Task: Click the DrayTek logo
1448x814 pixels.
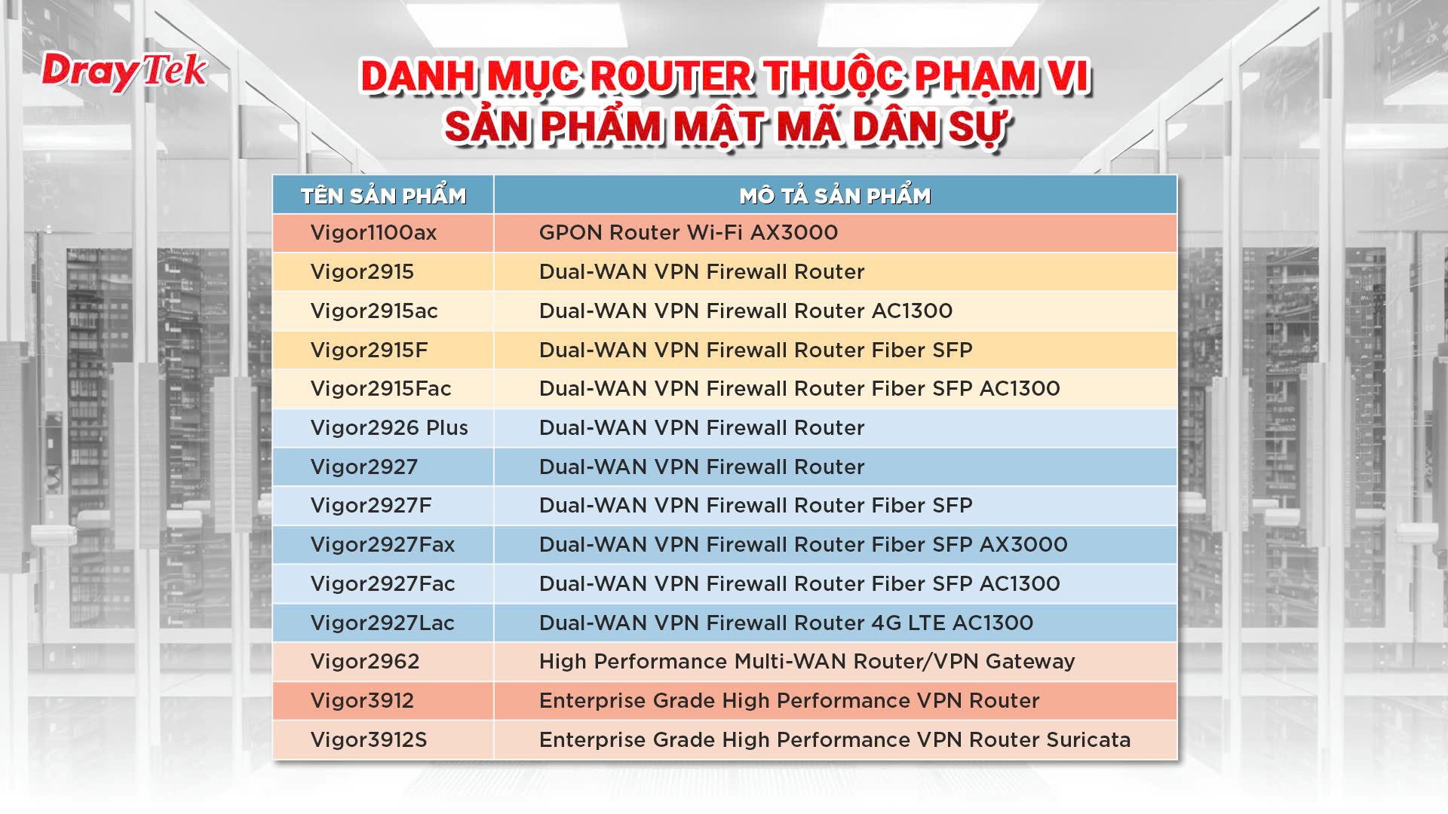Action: (x=124, y=72)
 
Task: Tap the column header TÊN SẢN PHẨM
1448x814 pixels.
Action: (x=383, y=196)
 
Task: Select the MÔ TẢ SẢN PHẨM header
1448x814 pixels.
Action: (x=835, y=196)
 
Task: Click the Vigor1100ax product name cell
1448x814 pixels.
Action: (x=373, y=233)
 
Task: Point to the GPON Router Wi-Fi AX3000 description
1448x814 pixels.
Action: (x=689, y=233)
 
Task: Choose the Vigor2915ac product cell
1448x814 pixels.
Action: (x=374, y=311)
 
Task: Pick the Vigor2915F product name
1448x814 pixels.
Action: (x=369, y=350)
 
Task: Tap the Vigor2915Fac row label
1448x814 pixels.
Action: (x=381, y=389)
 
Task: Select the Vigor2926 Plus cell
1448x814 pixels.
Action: (x=389, y=428)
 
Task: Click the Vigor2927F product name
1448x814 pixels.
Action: (x=371, y=506)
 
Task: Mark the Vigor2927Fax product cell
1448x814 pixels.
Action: (x=382, y=545)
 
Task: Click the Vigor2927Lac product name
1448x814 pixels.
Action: (x=382, y=623)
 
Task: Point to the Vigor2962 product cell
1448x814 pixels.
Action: (x=365, y=662)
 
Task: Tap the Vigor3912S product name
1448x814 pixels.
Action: (x=369, y=740)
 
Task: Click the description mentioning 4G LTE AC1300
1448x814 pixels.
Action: (x=786, y=623)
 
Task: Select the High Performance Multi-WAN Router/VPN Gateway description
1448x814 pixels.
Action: (x=807, y=662)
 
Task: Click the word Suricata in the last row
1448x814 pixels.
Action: (x=1088, y=740)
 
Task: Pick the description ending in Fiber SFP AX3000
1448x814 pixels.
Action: (x=803, y=545)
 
